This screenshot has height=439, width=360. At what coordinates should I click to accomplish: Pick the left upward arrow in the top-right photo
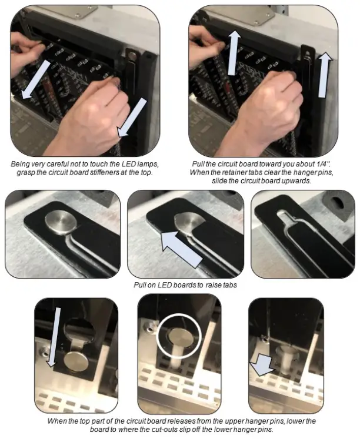[x=234, y=53]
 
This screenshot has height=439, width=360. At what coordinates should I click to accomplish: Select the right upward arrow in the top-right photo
[x=324, y=74]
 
